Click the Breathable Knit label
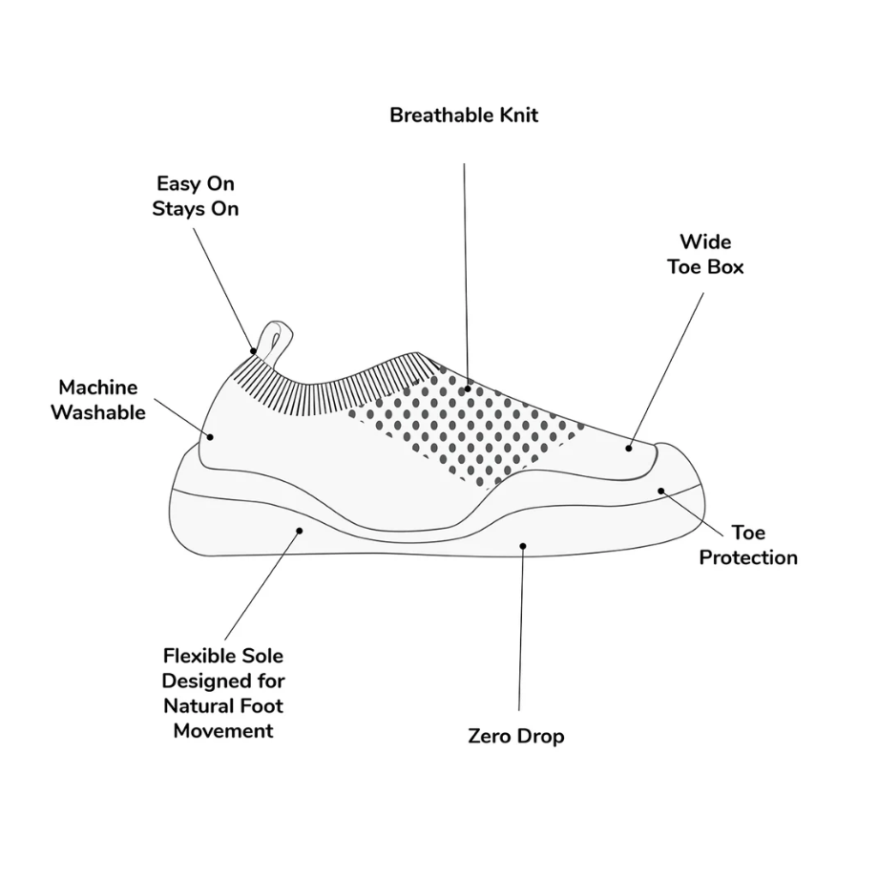tap(464, 115)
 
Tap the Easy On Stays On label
tap(196, 196)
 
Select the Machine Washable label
tap(98, 400)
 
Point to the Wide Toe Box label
tap(705, 254)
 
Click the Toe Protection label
tap(748, 545)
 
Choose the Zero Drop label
tap(516, 736)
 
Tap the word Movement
tap(223, 731)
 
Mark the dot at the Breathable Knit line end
tap(468, 388)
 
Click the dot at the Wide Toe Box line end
tap(629, 449)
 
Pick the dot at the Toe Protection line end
tap(661, 492)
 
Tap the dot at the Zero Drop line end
tap(523, 546)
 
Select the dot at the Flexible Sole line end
tap(300, 531)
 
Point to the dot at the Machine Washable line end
tap(210, 436)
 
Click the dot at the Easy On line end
tap(253, 351)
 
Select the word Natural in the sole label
tap(197, 705)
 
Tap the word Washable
tap(98, 412)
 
